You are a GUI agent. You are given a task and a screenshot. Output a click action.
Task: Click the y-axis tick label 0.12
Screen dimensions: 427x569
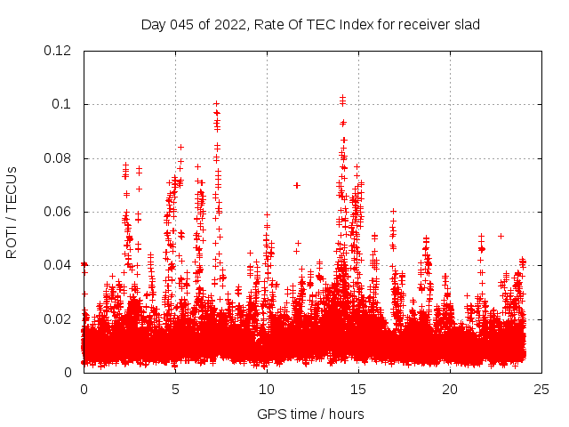tap(58, 51)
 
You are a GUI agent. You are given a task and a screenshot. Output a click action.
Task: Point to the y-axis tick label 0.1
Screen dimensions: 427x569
tap(62, 104)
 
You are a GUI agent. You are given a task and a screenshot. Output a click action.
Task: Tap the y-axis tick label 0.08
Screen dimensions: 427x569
tap(58, 158)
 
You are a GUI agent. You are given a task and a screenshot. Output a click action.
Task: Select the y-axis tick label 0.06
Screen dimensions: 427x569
tap(58, 212)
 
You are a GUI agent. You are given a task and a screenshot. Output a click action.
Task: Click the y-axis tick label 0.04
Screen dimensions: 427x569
tap(58, 265)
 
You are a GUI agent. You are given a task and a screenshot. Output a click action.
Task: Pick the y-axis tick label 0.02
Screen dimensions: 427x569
tap(58, 318)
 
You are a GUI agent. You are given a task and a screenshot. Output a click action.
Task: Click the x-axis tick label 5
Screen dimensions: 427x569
tap(175, 390)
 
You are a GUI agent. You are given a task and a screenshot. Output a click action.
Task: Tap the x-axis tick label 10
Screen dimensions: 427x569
tap(267, 390)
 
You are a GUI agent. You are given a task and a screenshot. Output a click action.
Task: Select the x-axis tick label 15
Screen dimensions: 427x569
tap(358, 390)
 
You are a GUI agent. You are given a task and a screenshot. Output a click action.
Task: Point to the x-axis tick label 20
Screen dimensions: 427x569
tap(450, 390)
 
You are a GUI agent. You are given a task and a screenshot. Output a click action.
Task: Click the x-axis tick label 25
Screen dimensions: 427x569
tap(541, 390)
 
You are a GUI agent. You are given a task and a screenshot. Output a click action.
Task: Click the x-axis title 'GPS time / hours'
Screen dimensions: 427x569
tap(310, 414)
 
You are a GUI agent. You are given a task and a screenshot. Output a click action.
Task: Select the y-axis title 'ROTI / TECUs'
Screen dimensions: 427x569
tap(12, 212)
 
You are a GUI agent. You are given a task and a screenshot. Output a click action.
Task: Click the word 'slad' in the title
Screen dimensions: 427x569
tap(466, 24)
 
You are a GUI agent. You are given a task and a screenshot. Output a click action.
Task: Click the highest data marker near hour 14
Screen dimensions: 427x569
tap(342, 96)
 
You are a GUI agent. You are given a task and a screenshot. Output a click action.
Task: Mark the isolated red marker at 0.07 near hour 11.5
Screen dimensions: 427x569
tap(297, 185)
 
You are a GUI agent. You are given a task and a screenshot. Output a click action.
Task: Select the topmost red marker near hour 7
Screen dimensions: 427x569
tap(216, 104)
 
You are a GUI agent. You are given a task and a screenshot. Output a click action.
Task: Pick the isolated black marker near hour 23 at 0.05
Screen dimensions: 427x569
tap(501, 236)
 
